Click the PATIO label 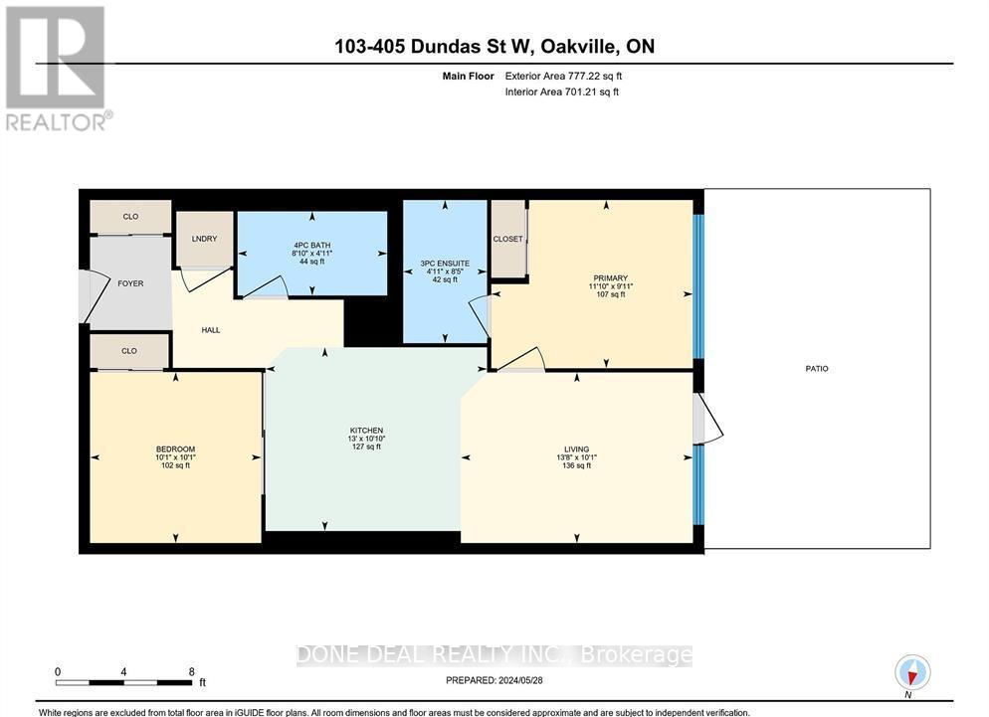[x=817, y=369]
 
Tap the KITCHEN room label [x=366, y=431]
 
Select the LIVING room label [x=576, y=448]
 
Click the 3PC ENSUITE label [x=445, y=264]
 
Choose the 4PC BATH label [x=311, y=245]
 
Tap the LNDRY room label [x=205, y=239]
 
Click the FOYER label [x=130, y=283]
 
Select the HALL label [x=210, y=329]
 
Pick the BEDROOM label [x=175, y=448]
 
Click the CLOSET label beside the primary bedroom [x=508, y=239]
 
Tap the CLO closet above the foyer [x=130, y=216]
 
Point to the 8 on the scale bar [x=191, y=671]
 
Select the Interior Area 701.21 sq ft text [x=562, y=91]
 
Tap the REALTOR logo [x=57, y=68]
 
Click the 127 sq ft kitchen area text [x=366, y=448]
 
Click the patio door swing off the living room [x=709, y=419]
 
